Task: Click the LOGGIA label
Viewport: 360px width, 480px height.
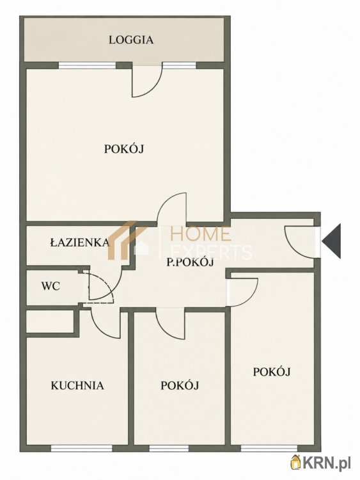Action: pyautogui.click(x=131, y=40)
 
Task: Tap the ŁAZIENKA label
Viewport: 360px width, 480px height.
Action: pyautogui.click(x=80, y=243)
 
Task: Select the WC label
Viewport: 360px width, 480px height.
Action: pyautogui.click(x=51, y=286)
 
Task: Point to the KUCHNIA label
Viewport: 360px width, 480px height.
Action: pyautogui.click(x=77, y=385)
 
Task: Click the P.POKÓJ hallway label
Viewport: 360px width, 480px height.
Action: pyautogui.click(x=190, y=262)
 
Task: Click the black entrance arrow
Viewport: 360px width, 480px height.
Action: pyautogui.click(x=331, y=241)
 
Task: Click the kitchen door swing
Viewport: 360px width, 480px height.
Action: pyautogui.click(x=106, y=323)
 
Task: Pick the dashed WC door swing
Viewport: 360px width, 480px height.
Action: pyautogui.click(x=101, y=286)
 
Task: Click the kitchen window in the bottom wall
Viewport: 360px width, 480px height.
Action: pyautogui.click(x=81, y=448)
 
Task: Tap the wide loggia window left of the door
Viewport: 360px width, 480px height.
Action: pyautogui.click(x=87, y=65)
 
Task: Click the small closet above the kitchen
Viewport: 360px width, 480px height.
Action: pyautogui.click(x=50, y=321)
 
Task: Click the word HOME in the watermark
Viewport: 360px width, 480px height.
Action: pyautogui.click(x=200, y=234)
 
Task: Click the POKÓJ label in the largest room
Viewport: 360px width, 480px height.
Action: pyautogui.click(x=124, y=149)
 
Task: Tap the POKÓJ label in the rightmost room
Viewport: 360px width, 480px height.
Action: pyautogui.click(x=272, y=372)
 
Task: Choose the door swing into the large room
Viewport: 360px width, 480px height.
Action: pyautogui.click(x=171, y=209)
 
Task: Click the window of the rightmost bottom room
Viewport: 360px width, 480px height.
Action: pyautogui.click(x=269, y=448)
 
